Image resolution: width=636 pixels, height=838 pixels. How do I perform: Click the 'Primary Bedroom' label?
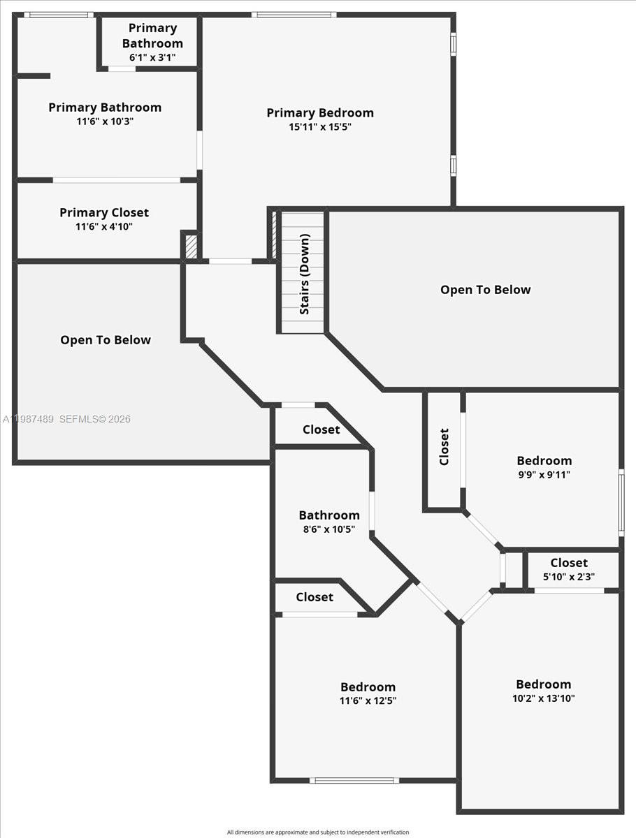pos(320,112)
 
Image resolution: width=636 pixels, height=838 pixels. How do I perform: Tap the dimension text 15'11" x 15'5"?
pos(320,127)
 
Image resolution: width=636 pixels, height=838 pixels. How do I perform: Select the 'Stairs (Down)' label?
pos(305,274)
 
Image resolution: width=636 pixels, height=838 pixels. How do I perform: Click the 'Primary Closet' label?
pos(104,212)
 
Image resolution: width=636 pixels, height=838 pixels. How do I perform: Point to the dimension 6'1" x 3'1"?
pos(152,57)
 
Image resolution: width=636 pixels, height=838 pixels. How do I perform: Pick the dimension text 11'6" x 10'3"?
pos(105,122)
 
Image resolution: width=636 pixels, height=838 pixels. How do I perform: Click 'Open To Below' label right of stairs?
pos(485,290)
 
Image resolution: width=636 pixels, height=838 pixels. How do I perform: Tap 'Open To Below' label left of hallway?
pos(106,340)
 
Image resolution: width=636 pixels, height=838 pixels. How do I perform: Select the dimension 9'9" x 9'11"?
pos(544,475)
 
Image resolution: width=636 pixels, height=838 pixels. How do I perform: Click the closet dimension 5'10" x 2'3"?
pos(569,577)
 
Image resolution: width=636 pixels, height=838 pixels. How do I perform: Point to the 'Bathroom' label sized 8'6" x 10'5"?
pos(329,515)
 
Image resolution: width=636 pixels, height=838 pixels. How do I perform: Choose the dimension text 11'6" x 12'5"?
pos(368,701)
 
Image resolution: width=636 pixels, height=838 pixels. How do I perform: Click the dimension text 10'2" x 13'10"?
pos(544,698)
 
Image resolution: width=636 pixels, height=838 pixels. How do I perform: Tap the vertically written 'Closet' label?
pos(445,447)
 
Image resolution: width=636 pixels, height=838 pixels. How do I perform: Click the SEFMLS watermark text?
pos(94,419)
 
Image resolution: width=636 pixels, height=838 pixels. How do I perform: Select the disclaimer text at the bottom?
pos(318,832)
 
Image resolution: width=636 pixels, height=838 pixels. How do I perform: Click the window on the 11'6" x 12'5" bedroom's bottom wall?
pos(354,780)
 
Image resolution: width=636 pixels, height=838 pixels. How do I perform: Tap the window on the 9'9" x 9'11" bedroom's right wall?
pos(621,503)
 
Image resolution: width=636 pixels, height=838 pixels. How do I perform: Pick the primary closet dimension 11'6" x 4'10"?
pos(105,227)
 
